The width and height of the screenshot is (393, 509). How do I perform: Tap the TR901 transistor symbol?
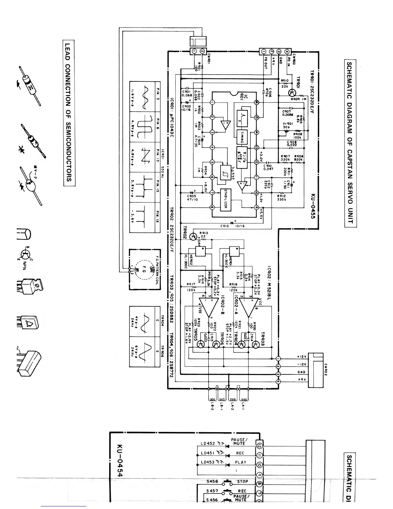coord(292,93)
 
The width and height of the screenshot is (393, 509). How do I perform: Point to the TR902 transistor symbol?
coord(193,237)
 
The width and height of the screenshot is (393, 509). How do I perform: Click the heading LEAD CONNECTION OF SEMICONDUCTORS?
coord(69,112)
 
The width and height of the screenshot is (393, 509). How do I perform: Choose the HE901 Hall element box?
coord(234,251)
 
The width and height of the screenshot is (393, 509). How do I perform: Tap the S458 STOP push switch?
coord(228,482)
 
